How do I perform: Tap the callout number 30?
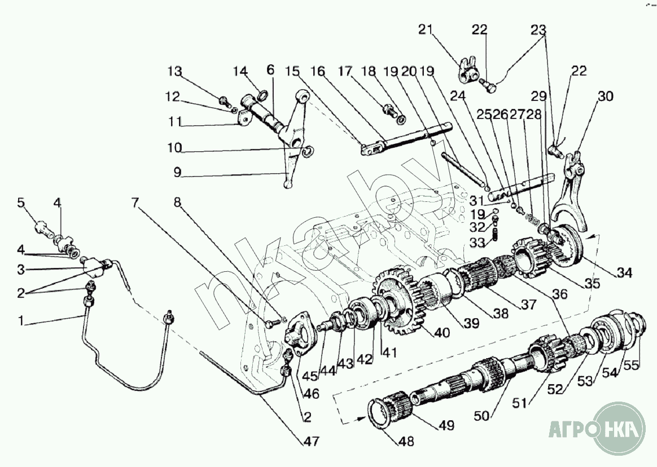(605, 96)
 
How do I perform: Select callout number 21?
(426, 29)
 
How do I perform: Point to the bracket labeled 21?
(468, 68)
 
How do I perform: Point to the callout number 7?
(134, 202)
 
